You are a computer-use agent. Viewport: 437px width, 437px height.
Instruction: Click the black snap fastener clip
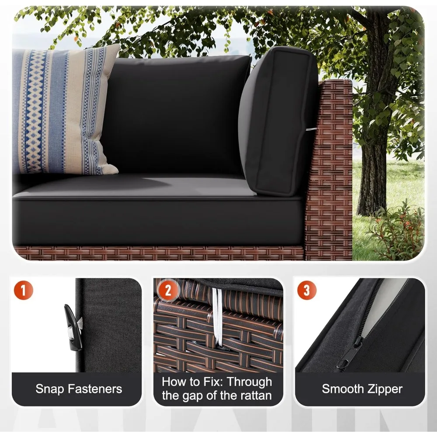pos(73,327)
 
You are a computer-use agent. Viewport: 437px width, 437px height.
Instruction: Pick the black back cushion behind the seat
pos(175,114)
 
